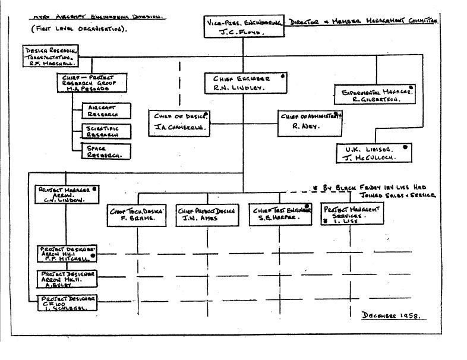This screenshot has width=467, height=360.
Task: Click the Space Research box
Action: [x=107, y=151]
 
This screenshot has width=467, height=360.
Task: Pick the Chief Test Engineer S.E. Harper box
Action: [x=280, y=214]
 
